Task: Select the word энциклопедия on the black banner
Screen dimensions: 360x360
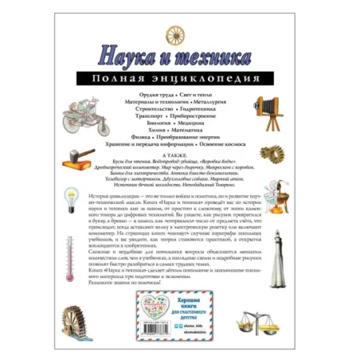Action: pos(212,80)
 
